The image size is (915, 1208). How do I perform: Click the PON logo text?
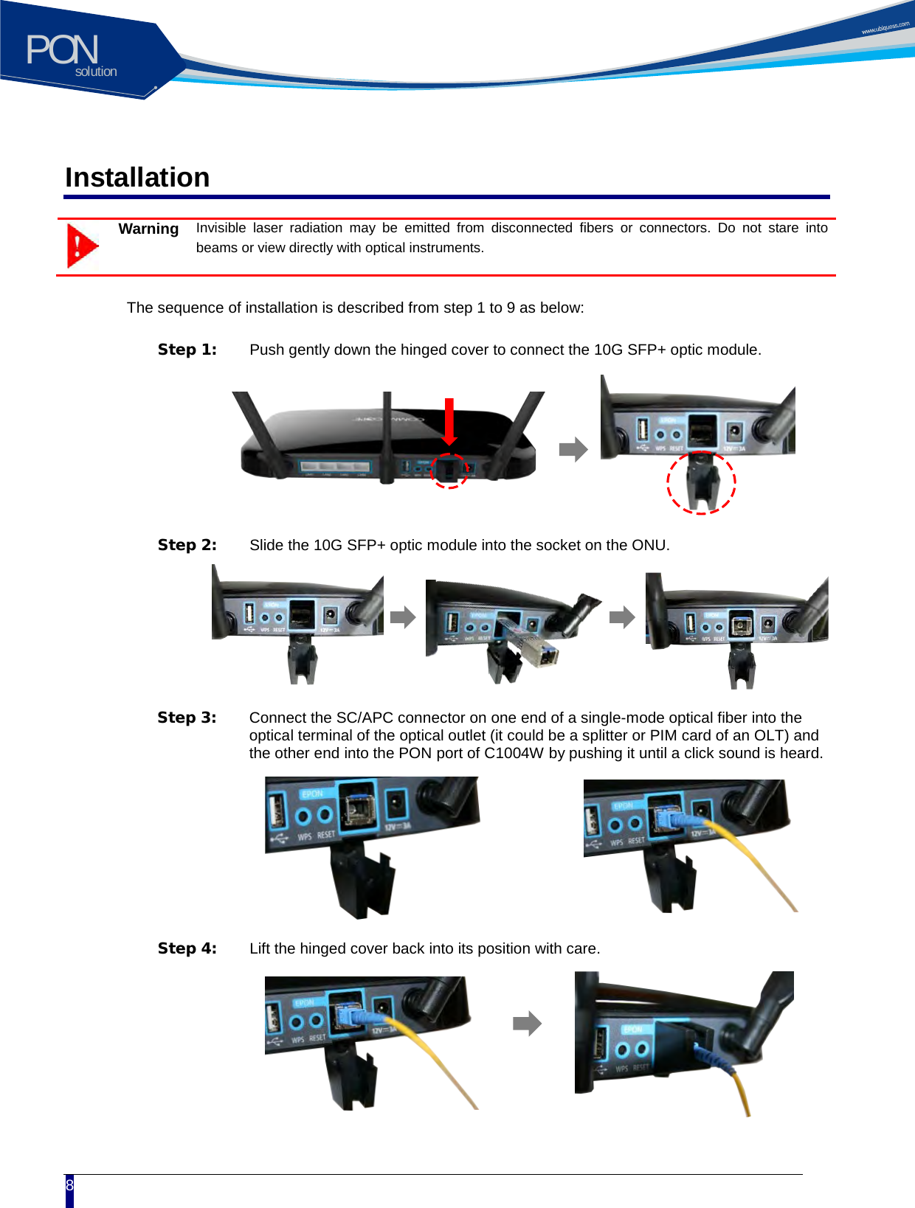coord(62,50)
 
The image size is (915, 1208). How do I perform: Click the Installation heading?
coord(137,178)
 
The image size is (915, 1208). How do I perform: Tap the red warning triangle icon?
coord(82,246)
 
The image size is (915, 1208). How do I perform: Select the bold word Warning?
coord(148,229)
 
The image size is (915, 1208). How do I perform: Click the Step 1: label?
coord(187,350)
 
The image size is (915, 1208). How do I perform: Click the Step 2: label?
coord(187,545)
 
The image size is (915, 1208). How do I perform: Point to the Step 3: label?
coord(187,718)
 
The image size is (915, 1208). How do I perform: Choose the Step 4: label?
coord(187,948)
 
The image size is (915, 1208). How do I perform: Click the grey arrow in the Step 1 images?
coord(573,449)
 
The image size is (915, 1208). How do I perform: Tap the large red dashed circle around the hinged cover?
coord(701,482)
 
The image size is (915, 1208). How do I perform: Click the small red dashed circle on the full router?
coord(449,471)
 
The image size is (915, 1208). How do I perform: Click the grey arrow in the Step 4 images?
coord(527,1024)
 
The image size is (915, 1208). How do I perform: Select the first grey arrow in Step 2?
coord(403,617)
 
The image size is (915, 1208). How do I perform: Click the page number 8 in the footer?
coord(69,1185)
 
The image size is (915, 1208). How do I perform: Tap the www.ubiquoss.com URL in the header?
coord(885,28)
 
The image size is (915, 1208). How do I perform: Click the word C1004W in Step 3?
coord(514,753)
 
